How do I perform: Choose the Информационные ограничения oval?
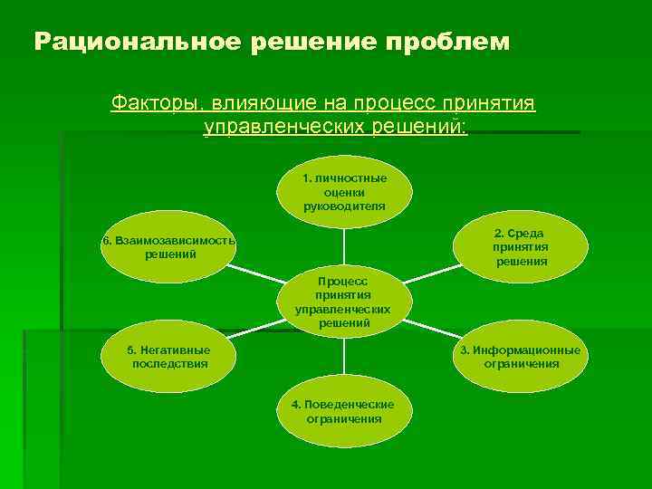click(521, 358)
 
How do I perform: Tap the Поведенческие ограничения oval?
click(344, 412)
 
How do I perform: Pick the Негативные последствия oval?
click(169, 358)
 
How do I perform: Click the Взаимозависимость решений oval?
click(169, 247)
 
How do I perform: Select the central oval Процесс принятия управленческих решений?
click(344, 302)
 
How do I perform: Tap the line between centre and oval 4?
click(344, 359)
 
